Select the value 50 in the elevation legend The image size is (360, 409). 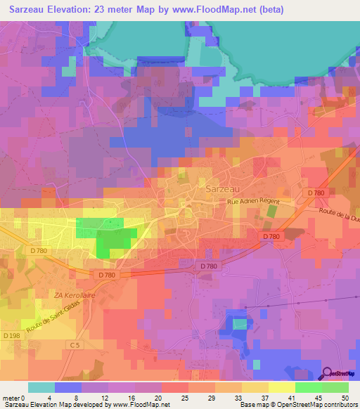(344, 397)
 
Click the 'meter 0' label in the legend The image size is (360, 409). (13, 397)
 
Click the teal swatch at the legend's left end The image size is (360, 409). (41, 387)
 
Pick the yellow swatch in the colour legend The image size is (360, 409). (282, 387)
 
